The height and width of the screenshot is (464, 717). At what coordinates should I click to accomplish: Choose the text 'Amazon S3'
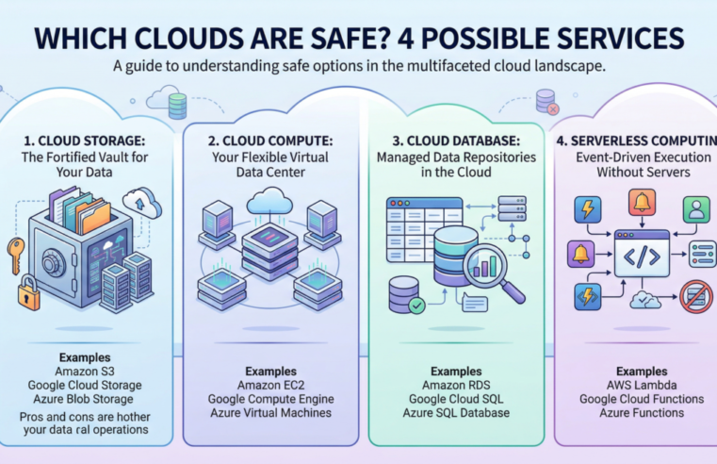coord(87,370)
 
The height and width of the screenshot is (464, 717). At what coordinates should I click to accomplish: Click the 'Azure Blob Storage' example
coord(87,400)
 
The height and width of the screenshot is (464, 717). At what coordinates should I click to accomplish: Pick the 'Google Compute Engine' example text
coord(269,399)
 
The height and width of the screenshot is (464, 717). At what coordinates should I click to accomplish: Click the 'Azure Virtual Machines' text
coord(269,414)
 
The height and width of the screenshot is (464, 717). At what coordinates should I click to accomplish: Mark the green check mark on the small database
coord(416,306)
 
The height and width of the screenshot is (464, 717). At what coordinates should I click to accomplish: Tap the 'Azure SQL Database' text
coord(455,414)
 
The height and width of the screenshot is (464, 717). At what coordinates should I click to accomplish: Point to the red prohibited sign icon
coord(695,297)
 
